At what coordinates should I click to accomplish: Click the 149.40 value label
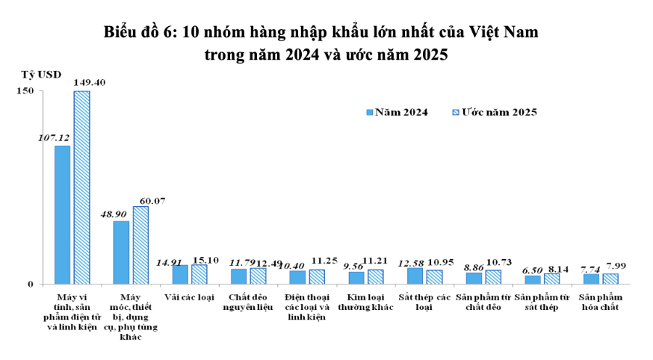90,83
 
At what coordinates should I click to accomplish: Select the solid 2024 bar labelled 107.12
62,215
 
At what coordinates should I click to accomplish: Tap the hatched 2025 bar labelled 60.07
141,245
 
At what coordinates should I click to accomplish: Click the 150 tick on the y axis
26,91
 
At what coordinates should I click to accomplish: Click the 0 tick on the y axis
30,284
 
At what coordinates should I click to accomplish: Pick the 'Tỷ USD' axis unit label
41,75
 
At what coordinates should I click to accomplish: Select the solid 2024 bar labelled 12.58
415,276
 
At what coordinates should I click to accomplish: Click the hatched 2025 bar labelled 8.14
552,279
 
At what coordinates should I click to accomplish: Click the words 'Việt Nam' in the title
505,32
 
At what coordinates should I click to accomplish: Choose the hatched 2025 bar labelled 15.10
200,274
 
